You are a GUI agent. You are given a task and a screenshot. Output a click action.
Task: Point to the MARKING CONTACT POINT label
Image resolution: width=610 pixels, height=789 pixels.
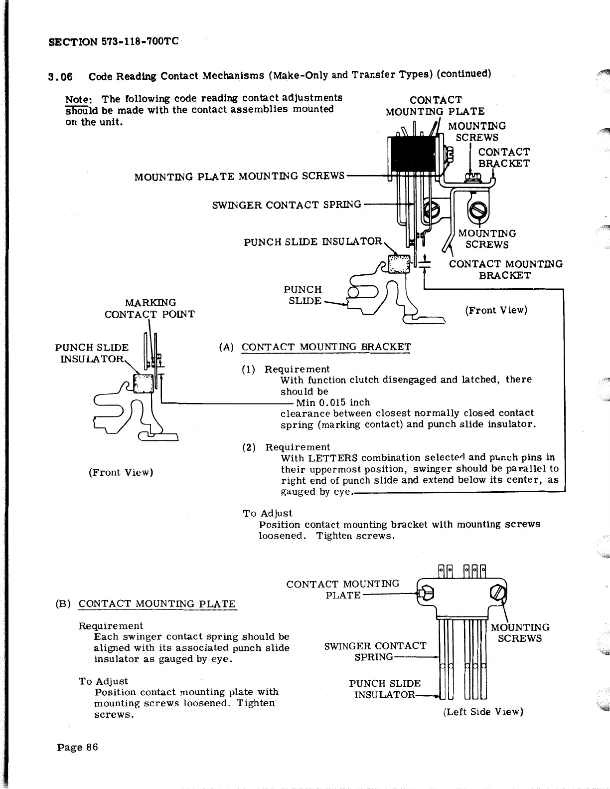coord(149,308)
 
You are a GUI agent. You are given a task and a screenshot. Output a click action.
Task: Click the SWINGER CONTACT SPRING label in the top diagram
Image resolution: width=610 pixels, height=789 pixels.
coord(287,204)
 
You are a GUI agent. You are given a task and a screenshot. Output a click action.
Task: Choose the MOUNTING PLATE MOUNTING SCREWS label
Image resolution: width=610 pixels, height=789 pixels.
coord(239,176)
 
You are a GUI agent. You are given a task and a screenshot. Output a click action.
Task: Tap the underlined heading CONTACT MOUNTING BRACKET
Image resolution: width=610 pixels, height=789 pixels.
coord(326,347)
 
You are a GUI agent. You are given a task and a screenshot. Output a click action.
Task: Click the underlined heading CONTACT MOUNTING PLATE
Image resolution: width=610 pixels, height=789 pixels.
coord(157,603)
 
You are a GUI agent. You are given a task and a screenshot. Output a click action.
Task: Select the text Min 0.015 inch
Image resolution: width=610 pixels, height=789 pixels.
coord(333,402)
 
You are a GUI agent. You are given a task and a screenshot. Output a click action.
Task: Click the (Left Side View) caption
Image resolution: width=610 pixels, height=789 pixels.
coord(483,712)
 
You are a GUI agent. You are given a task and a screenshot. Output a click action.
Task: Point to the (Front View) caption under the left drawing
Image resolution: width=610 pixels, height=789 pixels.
coord(121,472)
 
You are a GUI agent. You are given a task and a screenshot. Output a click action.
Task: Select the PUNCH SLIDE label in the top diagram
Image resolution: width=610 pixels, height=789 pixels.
coord(303,295)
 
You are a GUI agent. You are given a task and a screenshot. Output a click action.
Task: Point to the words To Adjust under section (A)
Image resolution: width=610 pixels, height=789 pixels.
coord(268,513)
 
